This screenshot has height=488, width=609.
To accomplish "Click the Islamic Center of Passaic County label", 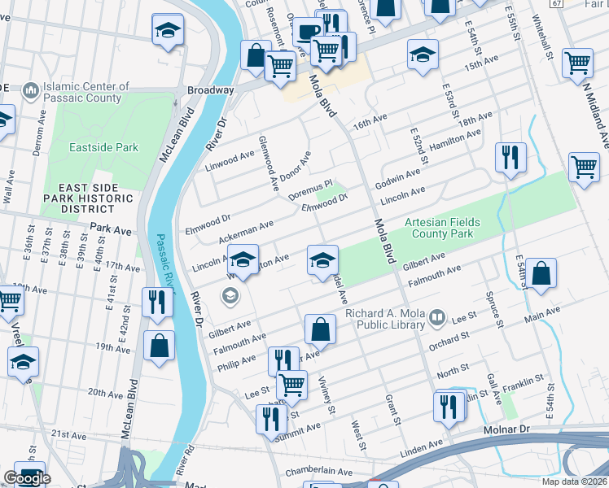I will (77, 92).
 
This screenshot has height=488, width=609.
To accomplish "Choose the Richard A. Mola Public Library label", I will (386, 319).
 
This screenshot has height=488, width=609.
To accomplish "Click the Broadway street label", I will (211, 90).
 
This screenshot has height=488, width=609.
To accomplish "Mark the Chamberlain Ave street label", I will (318, 472).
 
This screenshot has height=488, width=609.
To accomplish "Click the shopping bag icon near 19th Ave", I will (159, 345).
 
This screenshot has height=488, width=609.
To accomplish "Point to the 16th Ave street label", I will (368, 124).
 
